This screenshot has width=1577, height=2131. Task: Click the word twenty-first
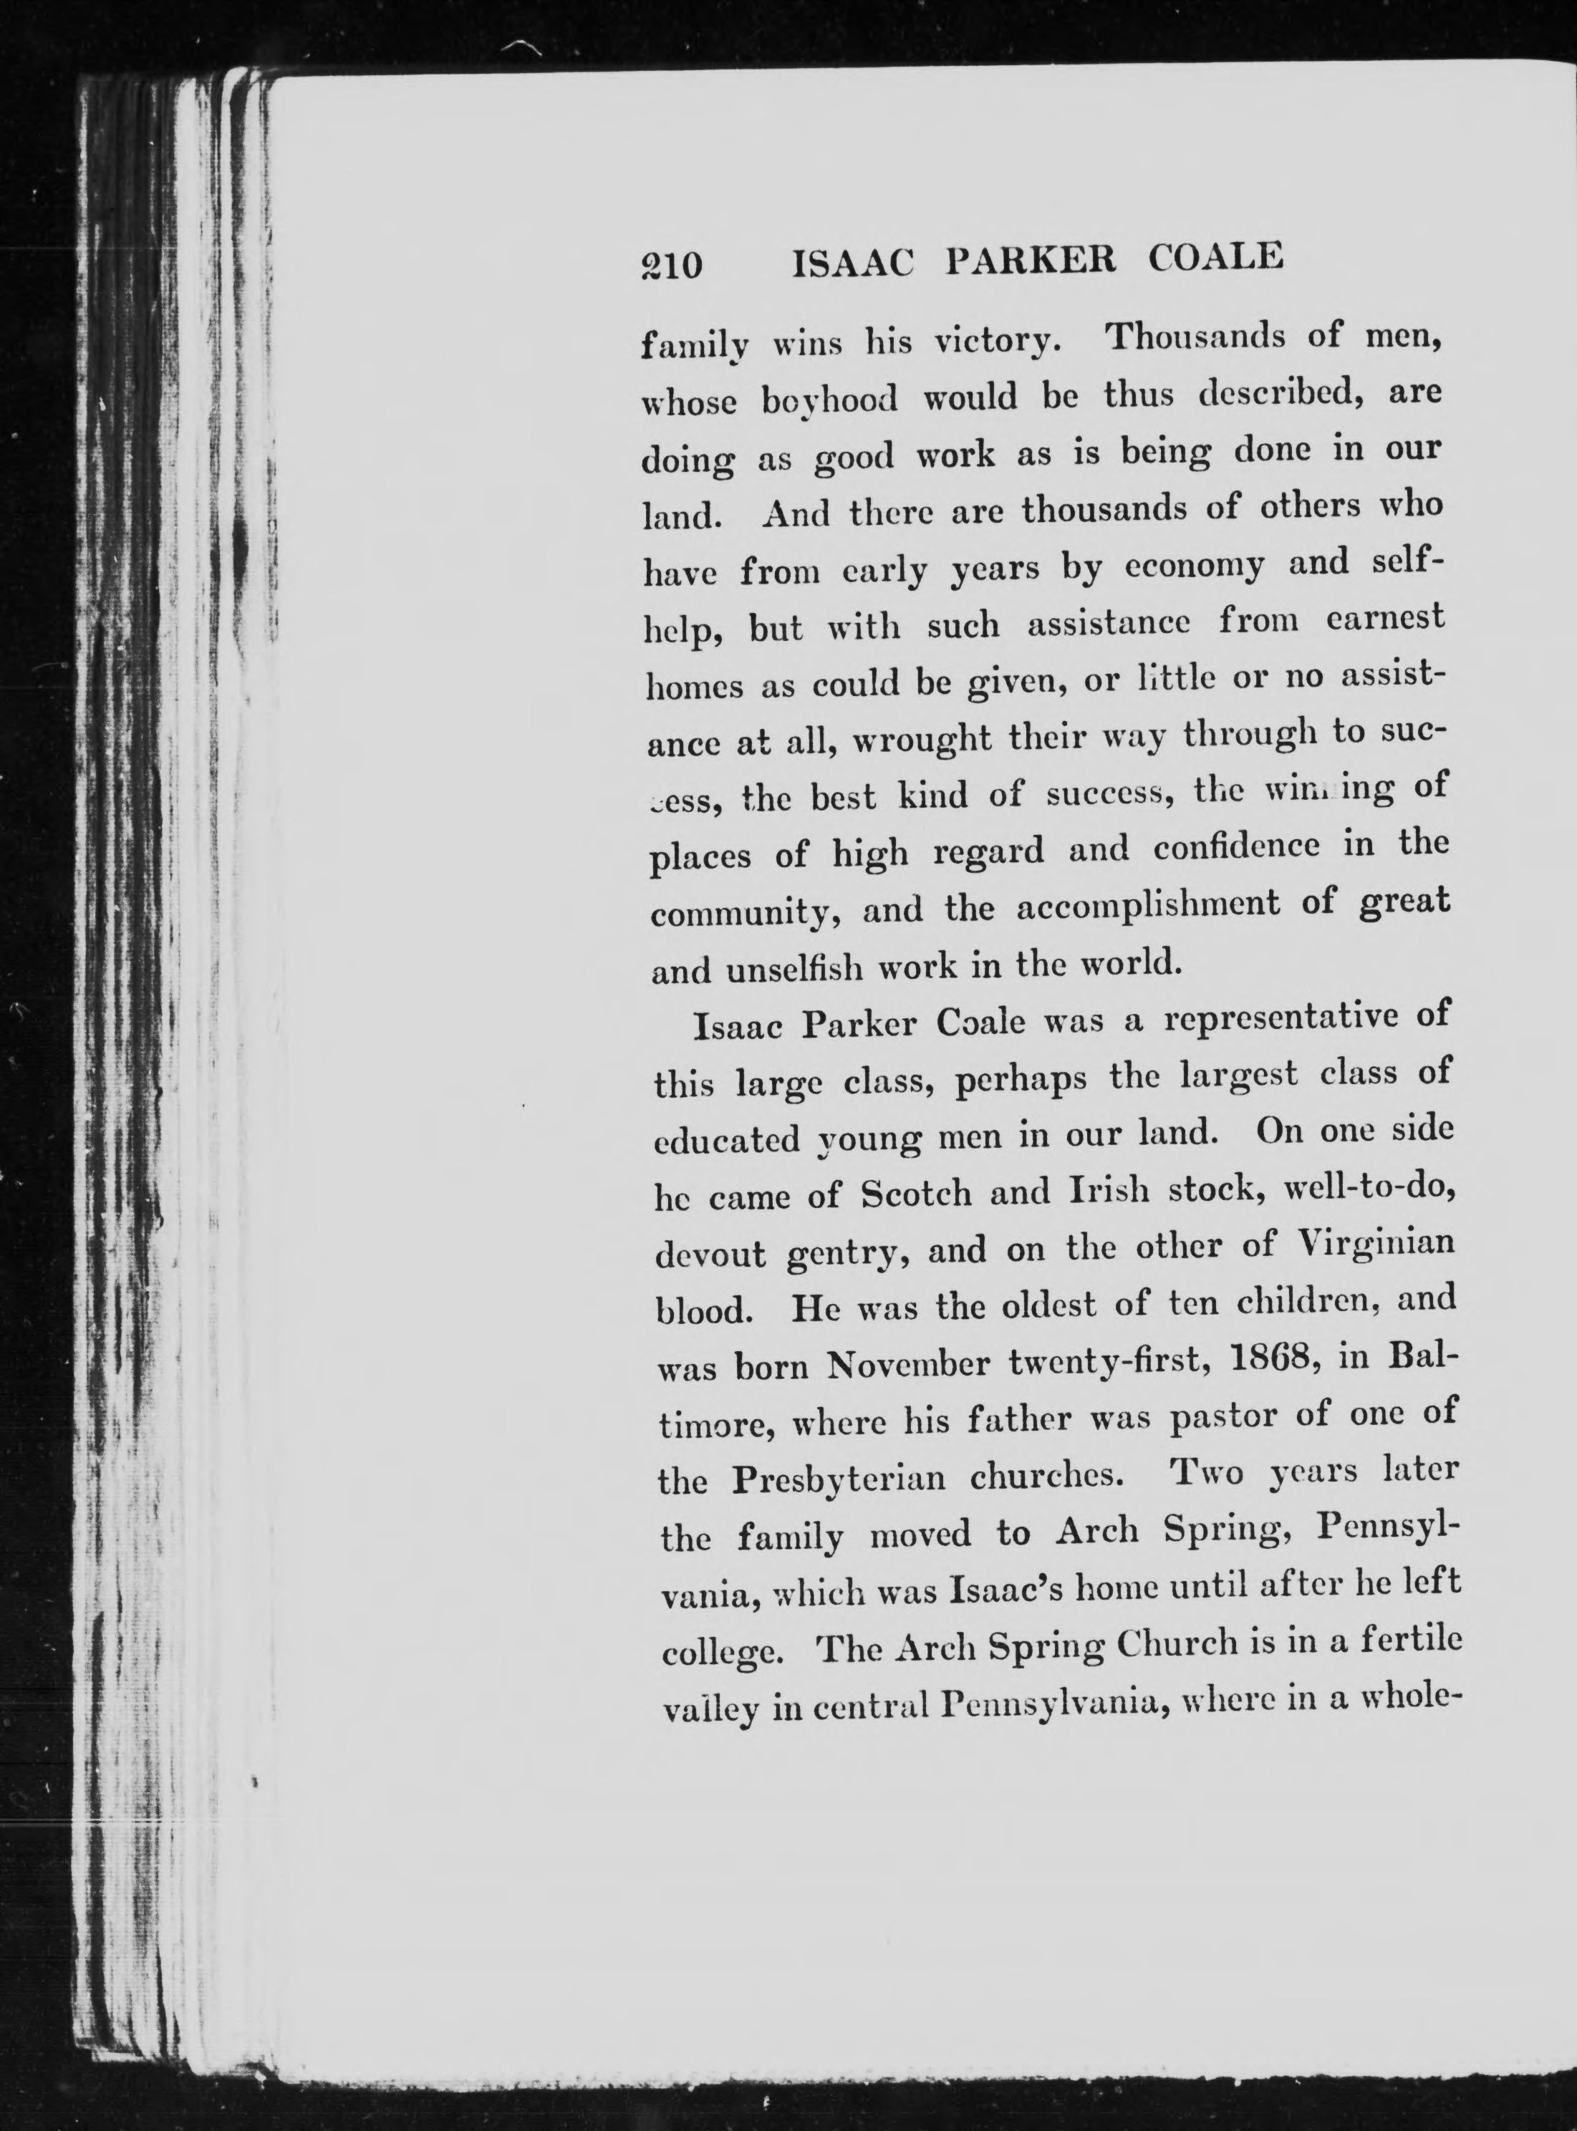coord(1109,1363)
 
